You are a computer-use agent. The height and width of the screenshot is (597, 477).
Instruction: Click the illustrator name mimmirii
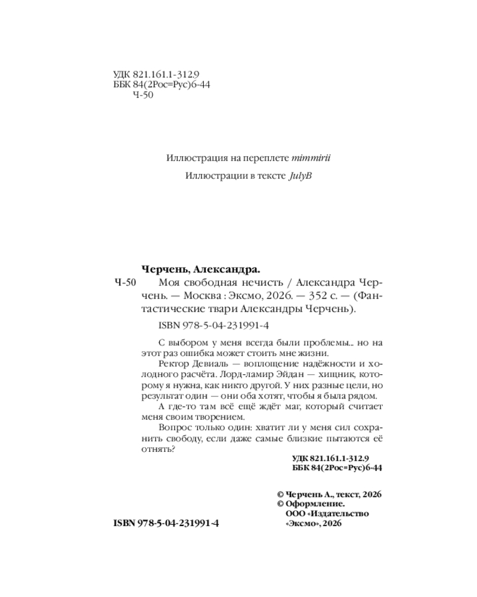point(313,158)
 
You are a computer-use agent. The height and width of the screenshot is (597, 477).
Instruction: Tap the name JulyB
point(301,177)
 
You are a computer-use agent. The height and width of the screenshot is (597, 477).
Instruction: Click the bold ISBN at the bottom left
point(166,522)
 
